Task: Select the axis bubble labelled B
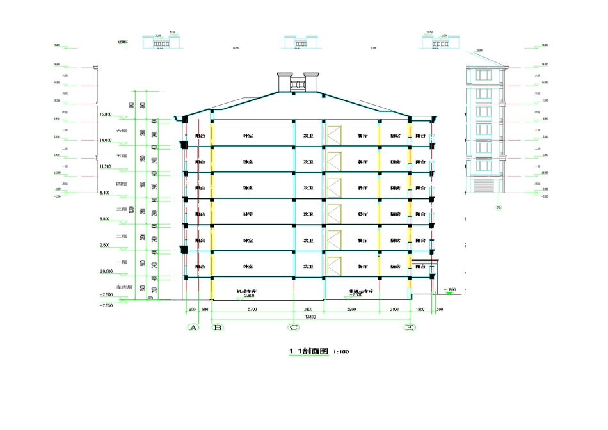pos(217,328)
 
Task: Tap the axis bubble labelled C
pos(294,328)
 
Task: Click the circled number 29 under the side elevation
pos(499,207)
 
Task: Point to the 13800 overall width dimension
pos(311,317)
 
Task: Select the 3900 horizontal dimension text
pos(351,309)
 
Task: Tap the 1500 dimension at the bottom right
pos(420,309)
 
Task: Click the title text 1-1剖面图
pos(309,351)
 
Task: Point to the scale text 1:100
pos(341,353)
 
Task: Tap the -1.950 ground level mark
pos(449,289)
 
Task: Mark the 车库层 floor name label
pos(124,287)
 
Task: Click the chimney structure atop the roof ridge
pos(298,83)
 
